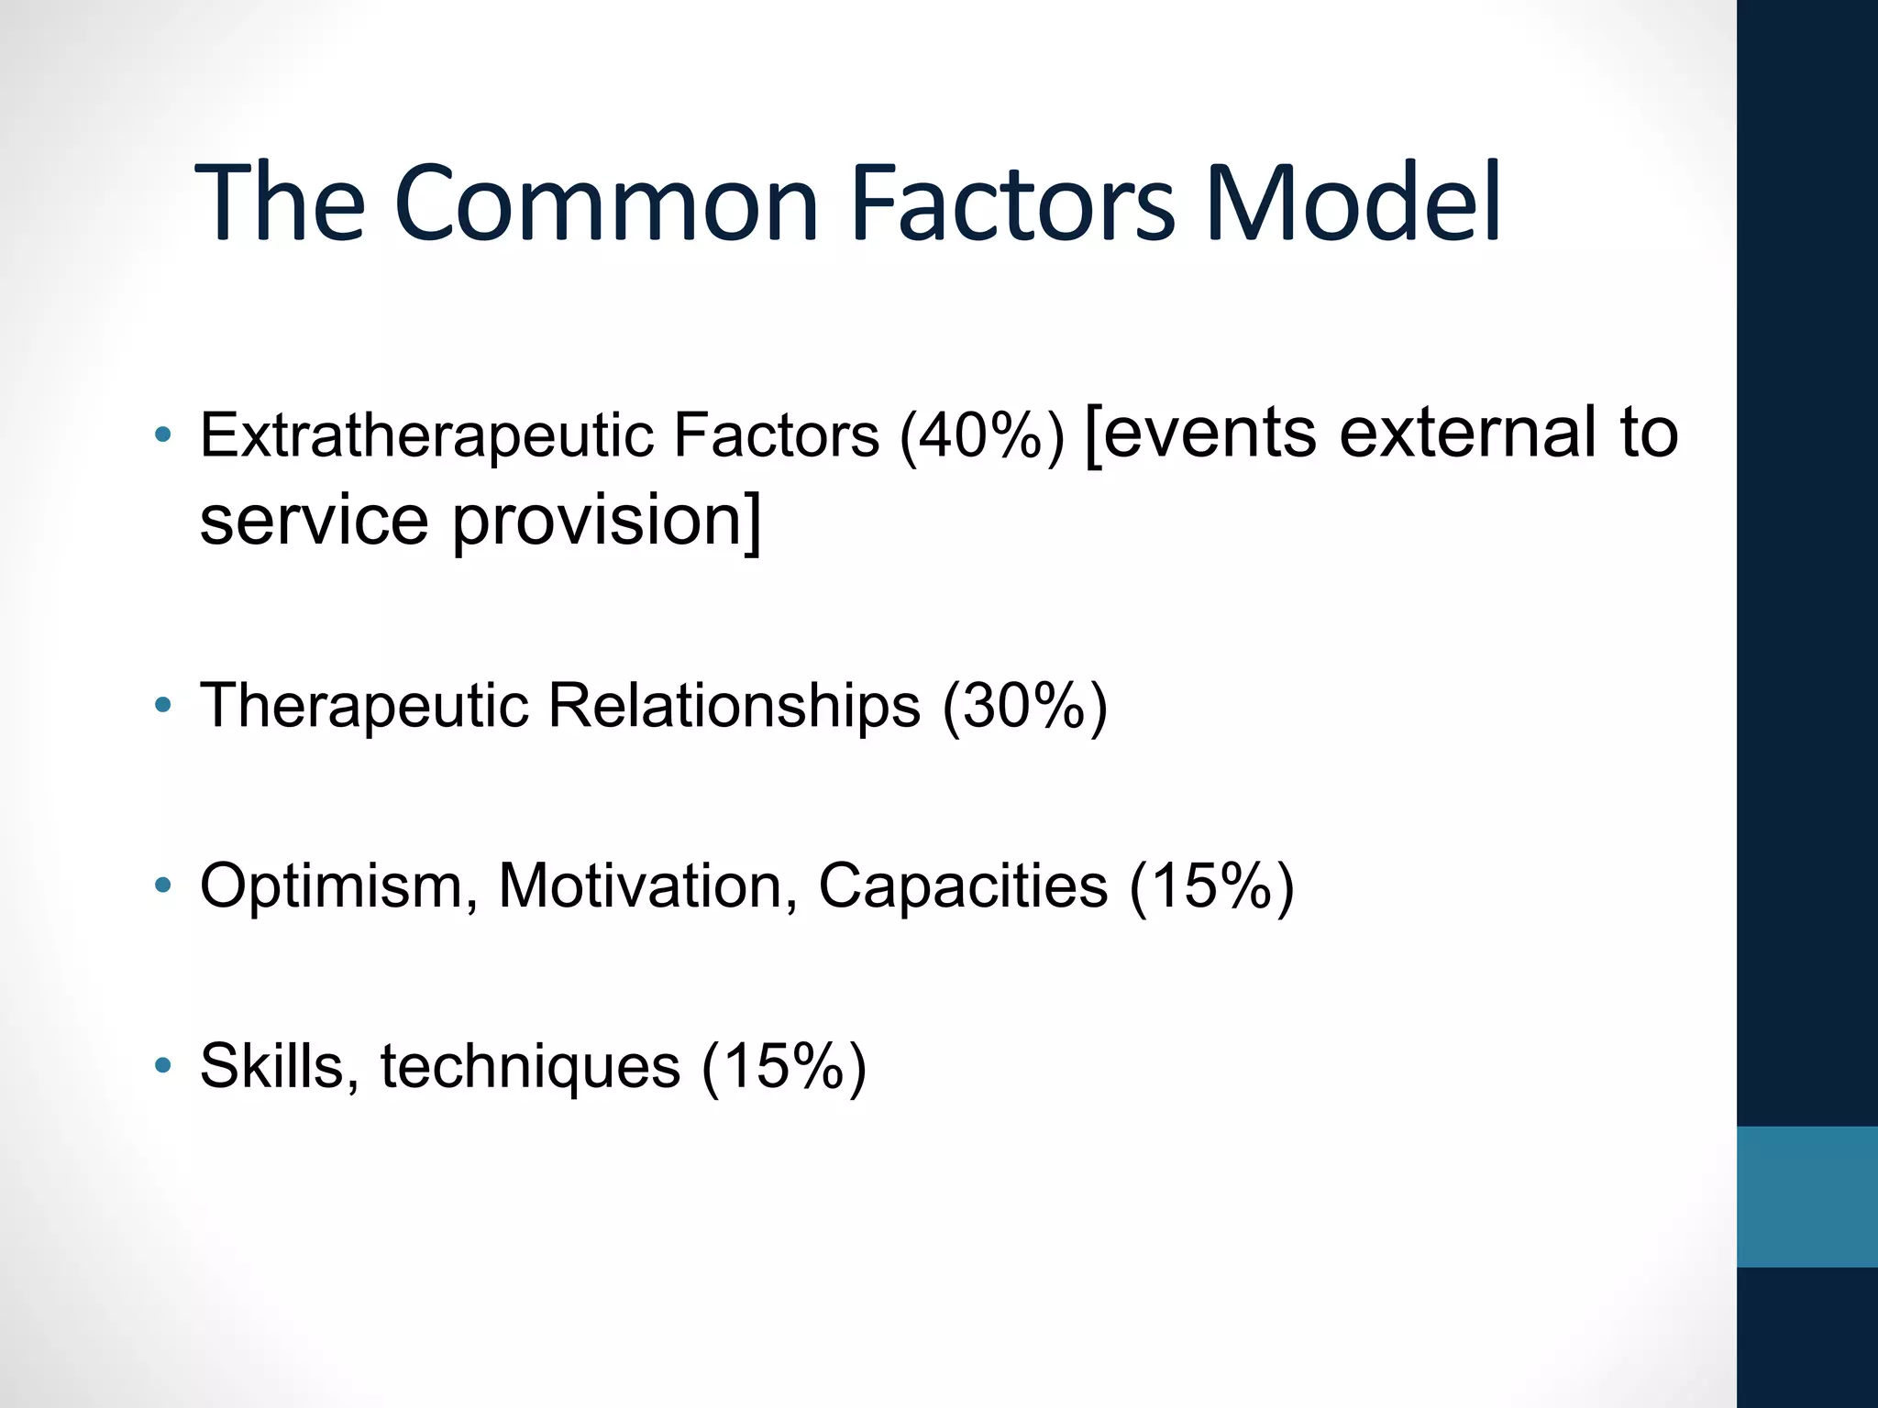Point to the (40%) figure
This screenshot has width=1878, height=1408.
click(982, 436)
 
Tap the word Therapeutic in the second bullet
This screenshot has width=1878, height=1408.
click(364, 707)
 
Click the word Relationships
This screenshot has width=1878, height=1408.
click(734, 707)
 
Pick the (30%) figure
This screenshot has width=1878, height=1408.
click(1025, 707)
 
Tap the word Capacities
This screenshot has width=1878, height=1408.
click(963, 886)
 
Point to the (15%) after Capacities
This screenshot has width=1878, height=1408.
click(1211, 886)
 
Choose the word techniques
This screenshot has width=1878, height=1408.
click(530, 1068)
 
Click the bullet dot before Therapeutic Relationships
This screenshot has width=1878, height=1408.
click(163, 706)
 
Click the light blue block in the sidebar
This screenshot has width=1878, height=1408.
click(1806, 1197)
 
